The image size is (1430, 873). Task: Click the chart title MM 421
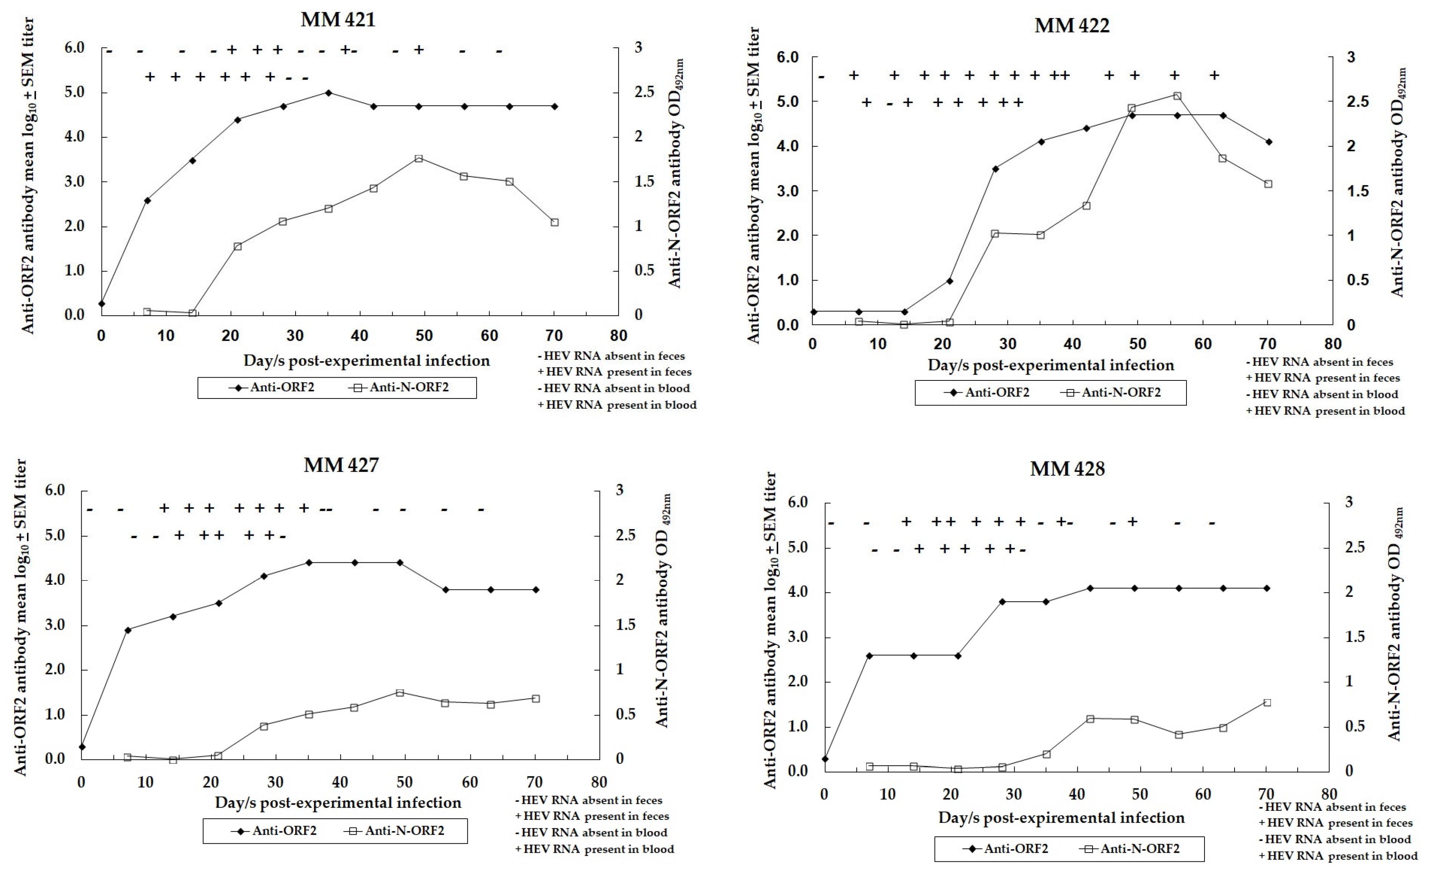pos(338,20)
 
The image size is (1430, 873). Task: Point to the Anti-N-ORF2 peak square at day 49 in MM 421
pos(418,158)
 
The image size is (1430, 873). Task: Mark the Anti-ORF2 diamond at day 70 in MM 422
pos(1268,142)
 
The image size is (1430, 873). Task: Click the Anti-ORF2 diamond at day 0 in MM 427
pos(82,747)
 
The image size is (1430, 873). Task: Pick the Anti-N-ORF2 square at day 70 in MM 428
pos(1267,703)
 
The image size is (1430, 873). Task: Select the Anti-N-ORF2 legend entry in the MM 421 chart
pos(400,387)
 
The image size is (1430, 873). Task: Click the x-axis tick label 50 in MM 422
pos(1137,344)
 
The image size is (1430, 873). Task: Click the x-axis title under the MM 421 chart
pos(366,361)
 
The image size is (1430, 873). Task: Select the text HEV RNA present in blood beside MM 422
pos(1329,411)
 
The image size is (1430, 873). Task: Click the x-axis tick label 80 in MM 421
pos(618,336)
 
